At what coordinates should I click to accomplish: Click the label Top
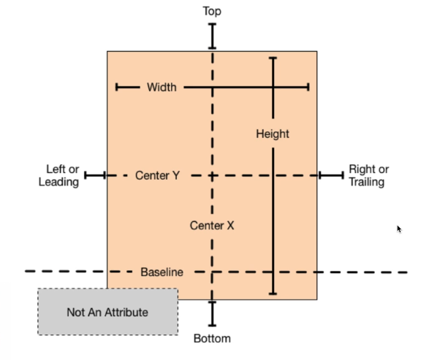(x=212, y=12)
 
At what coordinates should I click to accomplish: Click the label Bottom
(x=212, y=339)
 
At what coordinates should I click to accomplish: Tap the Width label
(x=162, y=87)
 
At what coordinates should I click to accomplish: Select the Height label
(x=273, y=134)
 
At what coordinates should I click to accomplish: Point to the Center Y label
(x=157, y=175)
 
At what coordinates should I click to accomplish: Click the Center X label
(x=212, y=226)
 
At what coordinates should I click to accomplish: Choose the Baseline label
(x=162, y=272)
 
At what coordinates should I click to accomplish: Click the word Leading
(x=58, y=182)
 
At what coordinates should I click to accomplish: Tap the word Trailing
(x=367, y=182)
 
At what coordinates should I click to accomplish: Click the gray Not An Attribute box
(x=108, y=312)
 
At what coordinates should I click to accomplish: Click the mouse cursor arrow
(x=399, y=229)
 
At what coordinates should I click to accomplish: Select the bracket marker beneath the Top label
(x=212, y=37)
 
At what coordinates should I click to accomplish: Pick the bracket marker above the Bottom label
(x=212, y=313)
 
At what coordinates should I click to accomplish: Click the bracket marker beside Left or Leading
(x=95, y=176)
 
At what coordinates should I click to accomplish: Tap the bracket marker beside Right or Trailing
(x=332, y=176)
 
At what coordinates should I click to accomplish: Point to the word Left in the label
(x=56, y=169)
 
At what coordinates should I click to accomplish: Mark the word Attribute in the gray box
(x=126, y=313)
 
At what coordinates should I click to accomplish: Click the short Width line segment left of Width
(x=127, y=87)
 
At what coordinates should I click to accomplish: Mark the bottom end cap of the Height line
(x=273, y=294)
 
